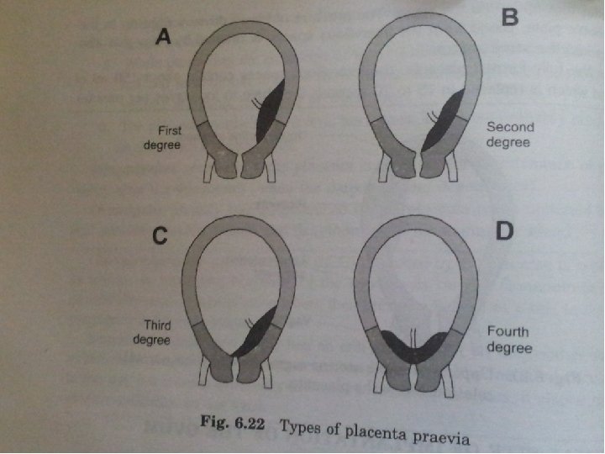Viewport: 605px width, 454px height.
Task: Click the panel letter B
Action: tap(510, 16)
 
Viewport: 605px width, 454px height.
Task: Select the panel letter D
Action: tap(502, 229)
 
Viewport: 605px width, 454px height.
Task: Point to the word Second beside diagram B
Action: tap(508, 129)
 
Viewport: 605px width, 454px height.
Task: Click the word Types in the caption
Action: tap(299, 426)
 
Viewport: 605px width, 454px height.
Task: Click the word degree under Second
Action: tap(508, 143)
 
